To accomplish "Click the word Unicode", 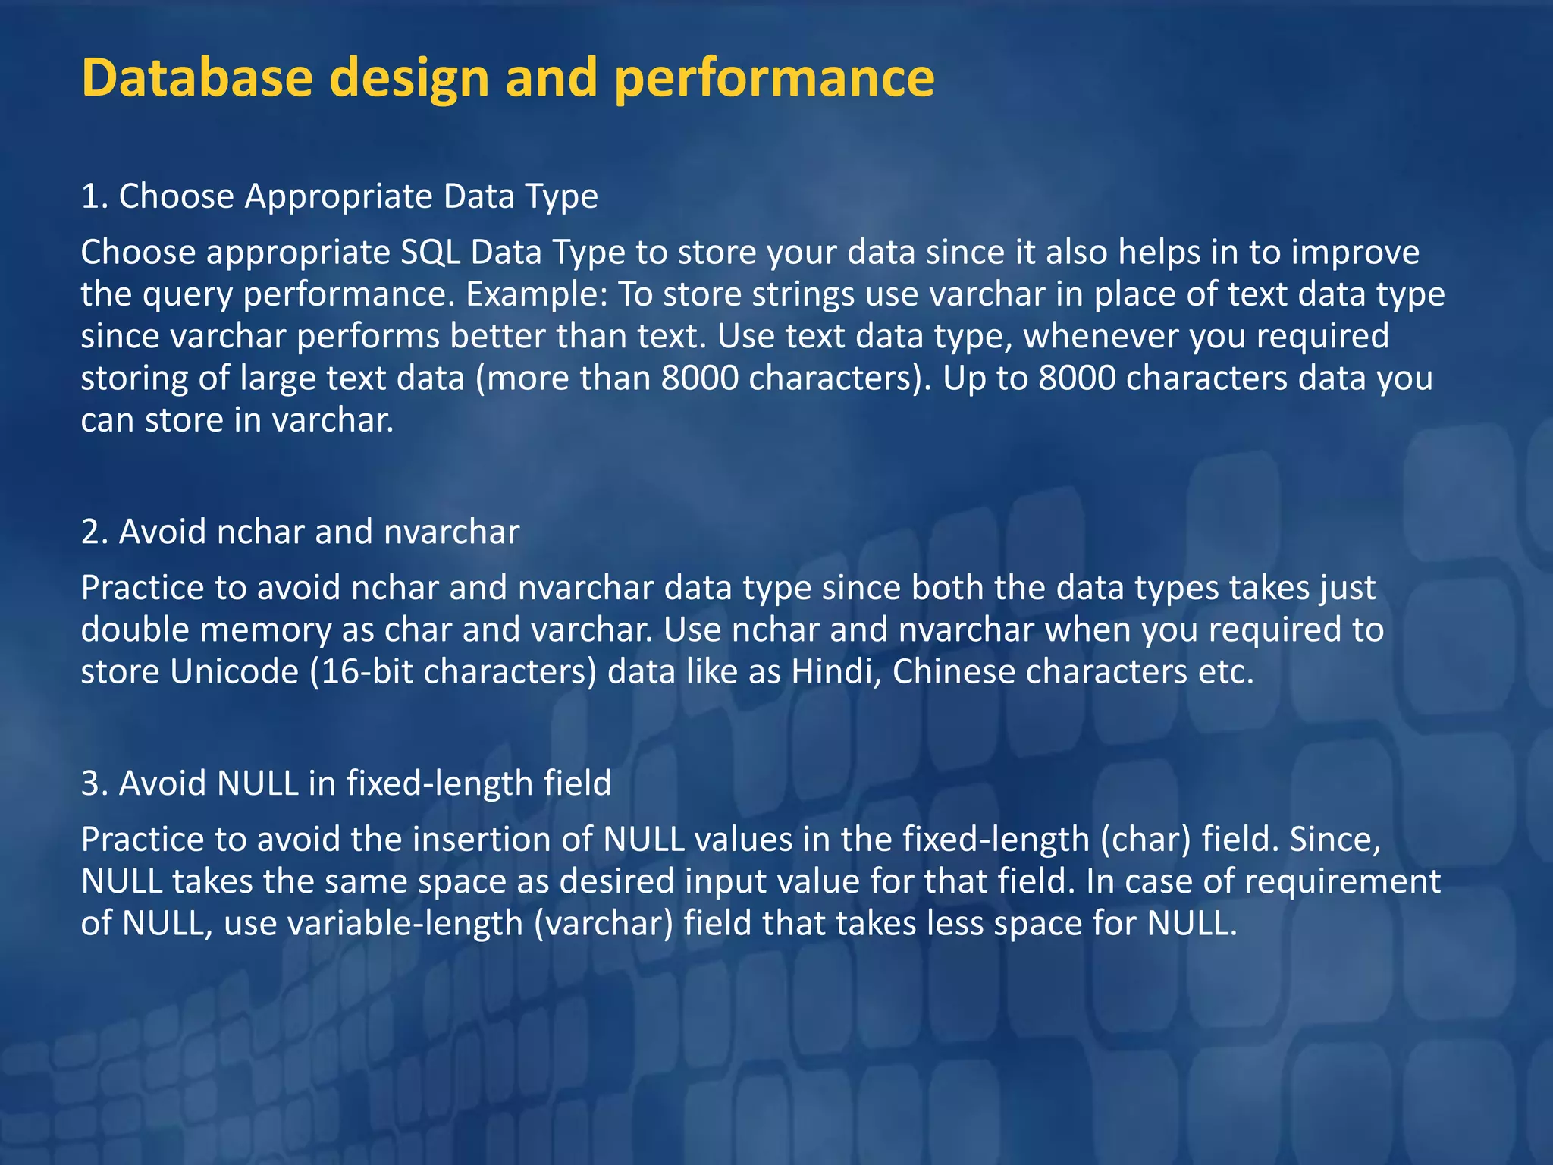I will point(234,672).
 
